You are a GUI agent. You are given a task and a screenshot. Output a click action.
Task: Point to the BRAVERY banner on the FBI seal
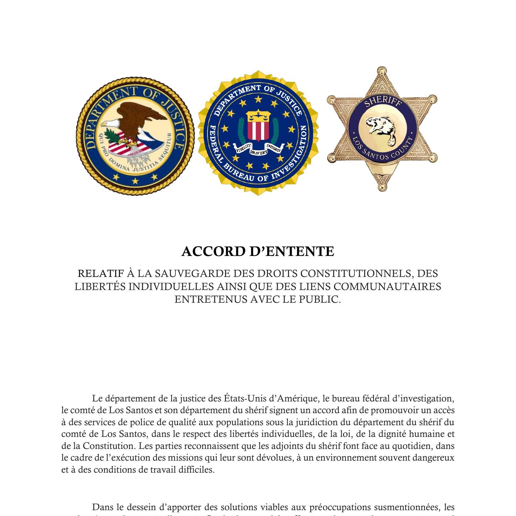(x=258, y=151)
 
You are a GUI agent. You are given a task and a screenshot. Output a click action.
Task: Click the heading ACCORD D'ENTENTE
(x=258, y=252)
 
